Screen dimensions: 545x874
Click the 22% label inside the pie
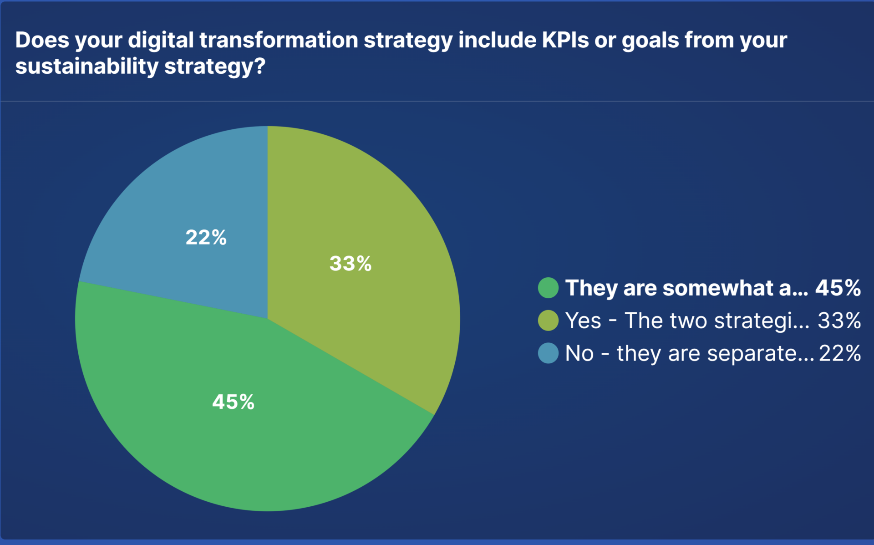206,237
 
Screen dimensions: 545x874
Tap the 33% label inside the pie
350,264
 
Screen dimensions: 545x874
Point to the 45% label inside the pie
233,402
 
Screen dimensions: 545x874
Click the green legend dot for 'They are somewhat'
548,288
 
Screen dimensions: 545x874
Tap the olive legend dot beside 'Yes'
548,321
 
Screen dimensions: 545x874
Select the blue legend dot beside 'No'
548,353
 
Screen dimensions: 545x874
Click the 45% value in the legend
838,288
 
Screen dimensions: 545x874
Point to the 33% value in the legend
839,321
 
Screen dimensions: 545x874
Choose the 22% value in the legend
840,353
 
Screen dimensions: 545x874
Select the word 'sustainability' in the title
86,66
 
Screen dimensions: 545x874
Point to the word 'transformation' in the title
279,40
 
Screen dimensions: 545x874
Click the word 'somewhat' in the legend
718,288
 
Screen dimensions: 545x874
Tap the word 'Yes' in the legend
583,321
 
